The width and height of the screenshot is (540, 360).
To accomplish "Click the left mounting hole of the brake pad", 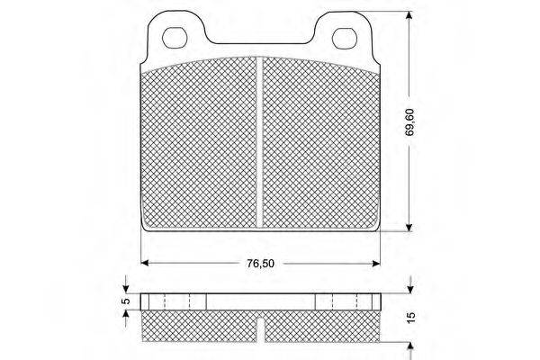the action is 175,38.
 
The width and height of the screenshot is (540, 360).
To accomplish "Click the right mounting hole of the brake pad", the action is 345,38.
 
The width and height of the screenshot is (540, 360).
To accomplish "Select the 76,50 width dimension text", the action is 260,264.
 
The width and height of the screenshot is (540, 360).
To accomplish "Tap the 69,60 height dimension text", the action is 409,122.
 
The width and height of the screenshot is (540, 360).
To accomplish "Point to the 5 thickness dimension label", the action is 127,301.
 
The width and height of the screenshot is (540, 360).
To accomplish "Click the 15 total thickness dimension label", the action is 411,318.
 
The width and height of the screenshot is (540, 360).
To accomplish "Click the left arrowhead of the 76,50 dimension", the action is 145,263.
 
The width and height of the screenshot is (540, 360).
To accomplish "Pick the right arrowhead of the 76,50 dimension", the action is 376,263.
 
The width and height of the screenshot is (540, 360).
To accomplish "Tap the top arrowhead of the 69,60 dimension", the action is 409,15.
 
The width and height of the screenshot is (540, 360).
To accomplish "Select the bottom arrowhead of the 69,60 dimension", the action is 409,228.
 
